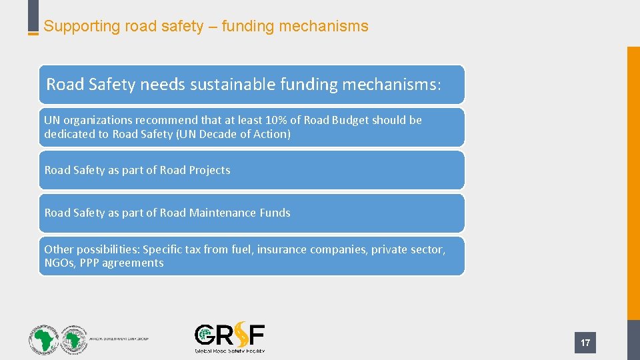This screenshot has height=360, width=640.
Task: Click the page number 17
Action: click(585, 343)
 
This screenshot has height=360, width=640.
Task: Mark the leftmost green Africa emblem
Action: click(43, 339)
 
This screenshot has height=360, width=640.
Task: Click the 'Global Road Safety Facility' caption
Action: click(229, 351)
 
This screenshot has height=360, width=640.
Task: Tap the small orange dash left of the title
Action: click(33, 33)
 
